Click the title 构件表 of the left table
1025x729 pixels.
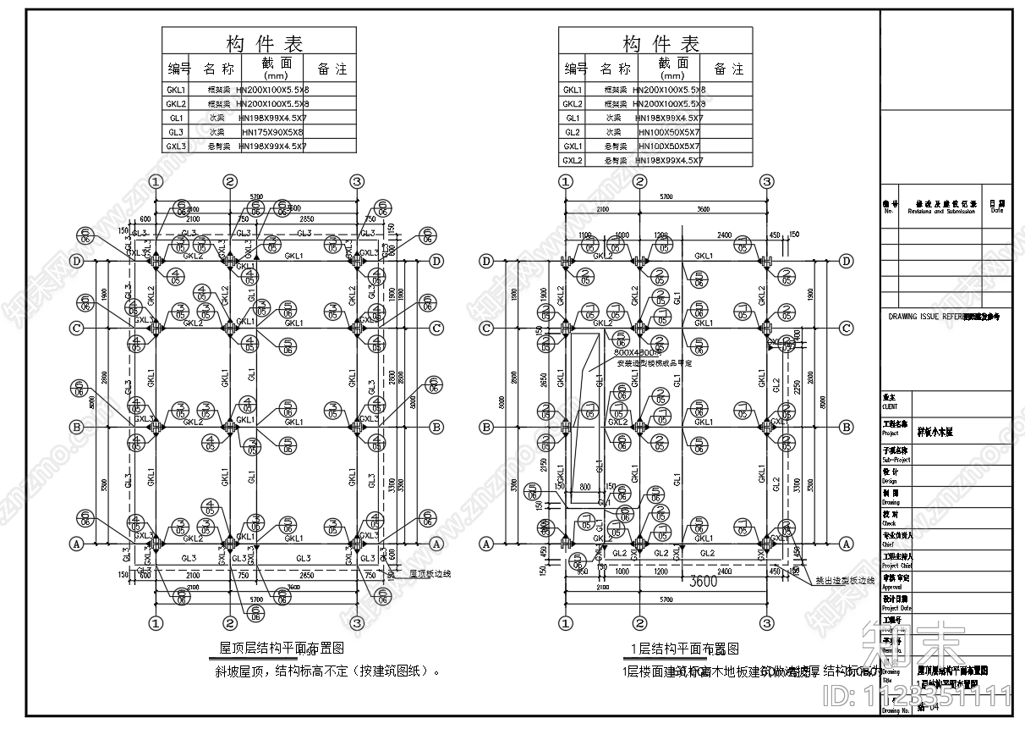click(x=264, y=43)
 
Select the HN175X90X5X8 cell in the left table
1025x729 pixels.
click(x=272, y=132)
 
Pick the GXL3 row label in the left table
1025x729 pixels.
click(x=176, y=146)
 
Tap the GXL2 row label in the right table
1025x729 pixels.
click(x=573, y=160)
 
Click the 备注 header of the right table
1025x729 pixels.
click(x=729, y=69)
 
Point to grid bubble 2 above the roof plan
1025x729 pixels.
click(x=229, y=181)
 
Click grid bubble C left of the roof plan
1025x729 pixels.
click(x=77, y=328)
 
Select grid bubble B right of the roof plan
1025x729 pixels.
click(x=437, y=426)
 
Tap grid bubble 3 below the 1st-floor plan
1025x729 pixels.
click(x=767, y=623)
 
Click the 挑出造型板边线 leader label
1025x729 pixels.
click(x=844, y=581)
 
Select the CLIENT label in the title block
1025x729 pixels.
click(x=890, y=406)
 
